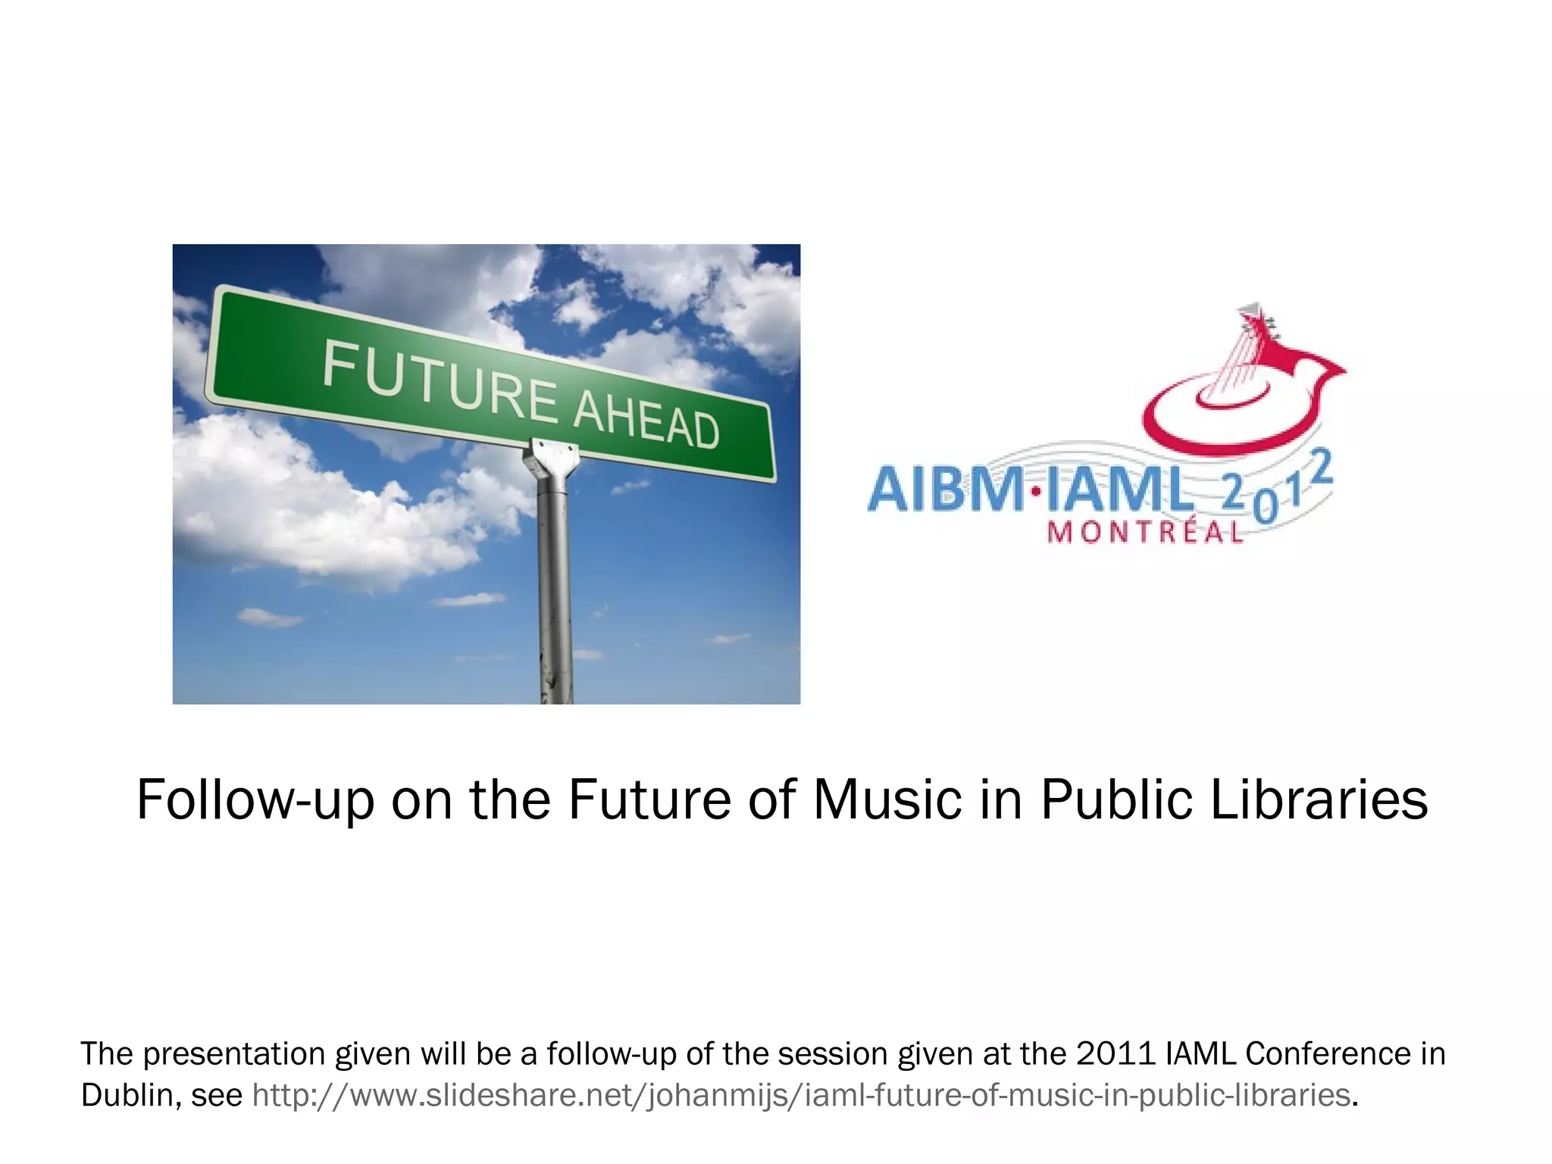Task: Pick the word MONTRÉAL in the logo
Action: point(1144,533)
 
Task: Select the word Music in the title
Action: point(887,800)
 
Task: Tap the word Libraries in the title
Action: point(1319,800)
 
